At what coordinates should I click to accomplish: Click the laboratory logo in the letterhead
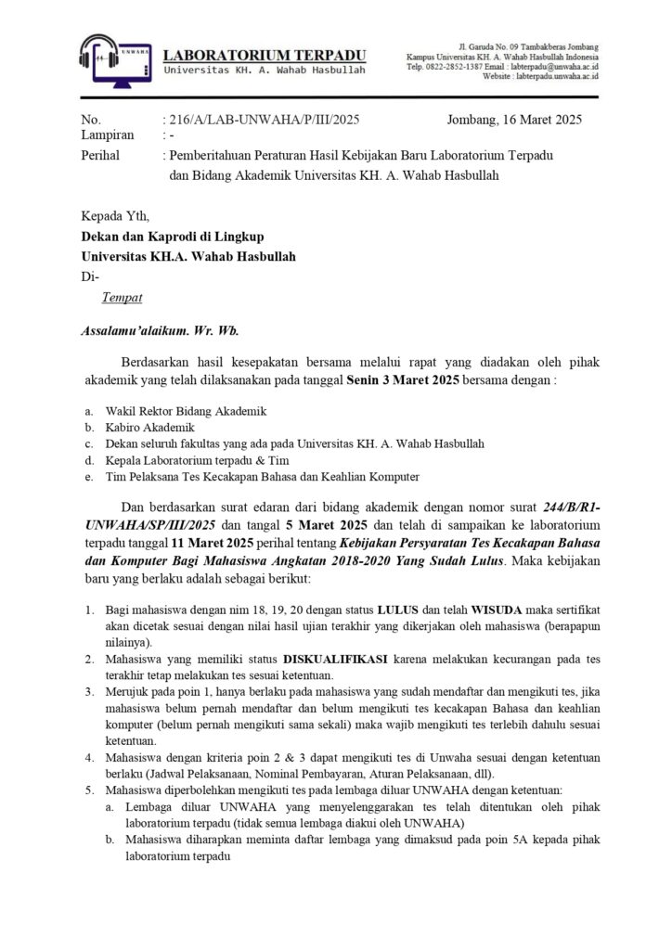[x=113, y=61]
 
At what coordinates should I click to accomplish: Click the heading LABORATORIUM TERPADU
[x=265, y=55]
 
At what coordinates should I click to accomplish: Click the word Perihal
[x=100, y=155]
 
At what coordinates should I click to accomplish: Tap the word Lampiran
[x=106, y=136]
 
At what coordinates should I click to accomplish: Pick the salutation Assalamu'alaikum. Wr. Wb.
[x=160, y=329]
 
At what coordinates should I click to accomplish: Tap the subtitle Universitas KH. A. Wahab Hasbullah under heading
[x=265, y=71]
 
